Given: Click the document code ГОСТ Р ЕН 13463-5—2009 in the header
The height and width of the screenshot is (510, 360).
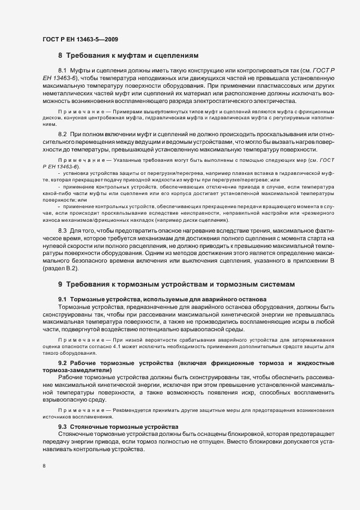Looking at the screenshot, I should click(x=80, y=39).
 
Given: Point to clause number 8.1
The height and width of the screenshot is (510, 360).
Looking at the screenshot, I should click(x=62, y=71).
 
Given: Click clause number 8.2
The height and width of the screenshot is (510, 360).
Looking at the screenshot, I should click(x=62, y=134).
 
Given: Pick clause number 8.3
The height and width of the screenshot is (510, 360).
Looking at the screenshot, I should click(x=62, y=231).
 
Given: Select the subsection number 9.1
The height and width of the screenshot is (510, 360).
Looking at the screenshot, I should click(x=63, y=300).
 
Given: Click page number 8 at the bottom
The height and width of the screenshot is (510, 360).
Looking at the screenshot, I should click(x=44, y=466).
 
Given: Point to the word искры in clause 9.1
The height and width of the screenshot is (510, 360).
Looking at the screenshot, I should click(x=284, y=323).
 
